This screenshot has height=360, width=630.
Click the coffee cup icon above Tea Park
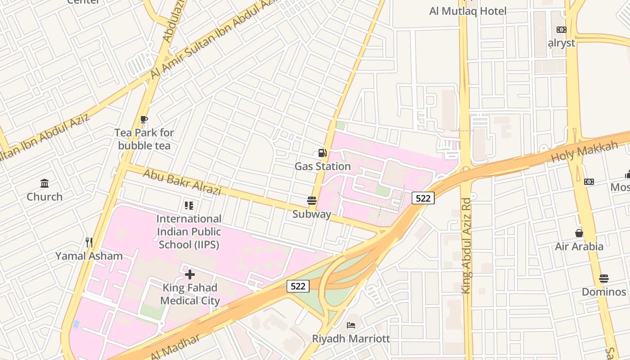[144, 119]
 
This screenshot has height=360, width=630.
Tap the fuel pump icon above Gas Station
[322, 153]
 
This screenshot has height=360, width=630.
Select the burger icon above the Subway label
[311, 200]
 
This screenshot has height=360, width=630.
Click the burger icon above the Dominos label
[603, 279]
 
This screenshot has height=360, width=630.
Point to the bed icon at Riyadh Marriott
[351, 325]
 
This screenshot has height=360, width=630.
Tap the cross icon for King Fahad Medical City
[190, 274]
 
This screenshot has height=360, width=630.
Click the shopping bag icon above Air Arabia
[579, 233]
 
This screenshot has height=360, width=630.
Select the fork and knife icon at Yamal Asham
[89, 243]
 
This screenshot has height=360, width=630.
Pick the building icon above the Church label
[45, 183]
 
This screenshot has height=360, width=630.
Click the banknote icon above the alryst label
[561, 30]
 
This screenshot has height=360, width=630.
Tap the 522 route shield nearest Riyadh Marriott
[298, 286]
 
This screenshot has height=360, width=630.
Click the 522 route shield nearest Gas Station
[423, 198]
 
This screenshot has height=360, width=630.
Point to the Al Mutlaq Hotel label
[468, 11]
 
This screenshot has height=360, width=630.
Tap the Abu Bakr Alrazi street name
[182, 181]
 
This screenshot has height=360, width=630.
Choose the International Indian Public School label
[189, 232]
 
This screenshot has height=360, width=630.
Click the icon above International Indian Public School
[189, 206]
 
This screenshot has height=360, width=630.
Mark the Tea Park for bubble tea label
[144, 139]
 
